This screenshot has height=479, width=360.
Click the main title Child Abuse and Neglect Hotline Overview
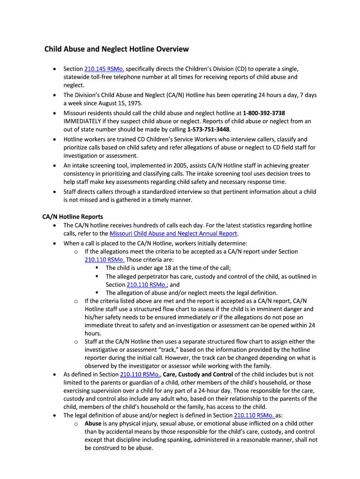point(116,49)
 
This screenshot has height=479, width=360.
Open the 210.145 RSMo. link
point(104,69)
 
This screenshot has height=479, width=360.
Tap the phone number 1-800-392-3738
point(264,113)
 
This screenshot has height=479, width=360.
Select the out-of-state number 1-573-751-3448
point(209,130)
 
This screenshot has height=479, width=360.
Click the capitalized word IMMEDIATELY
point(86,122)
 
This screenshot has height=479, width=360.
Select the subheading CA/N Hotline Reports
point(72,217)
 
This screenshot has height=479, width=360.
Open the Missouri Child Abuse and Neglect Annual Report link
point(173,233)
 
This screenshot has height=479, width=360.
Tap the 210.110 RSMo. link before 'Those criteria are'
point(104,260)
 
